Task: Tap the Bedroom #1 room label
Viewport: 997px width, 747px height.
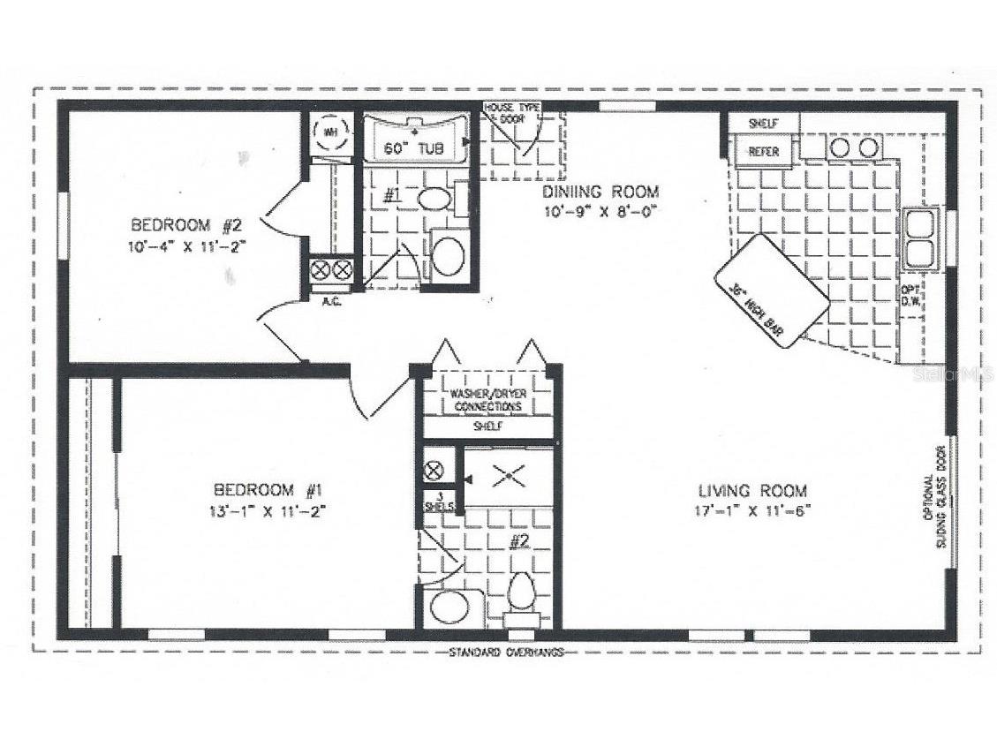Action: [x=266, y=489]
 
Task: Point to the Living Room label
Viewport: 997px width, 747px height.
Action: [x=753, y=491]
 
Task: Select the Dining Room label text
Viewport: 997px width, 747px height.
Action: [x=601, y=191]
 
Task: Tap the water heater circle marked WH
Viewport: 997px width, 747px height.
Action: [x=331, y=132]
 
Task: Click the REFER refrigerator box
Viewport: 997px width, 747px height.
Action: [x=764, y=151]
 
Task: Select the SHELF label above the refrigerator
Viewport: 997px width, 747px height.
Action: [x=763, y=124]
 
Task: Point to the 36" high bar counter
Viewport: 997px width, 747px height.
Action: [x=771, y=290]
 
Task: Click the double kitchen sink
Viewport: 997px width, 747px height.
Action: [x=920, y=238]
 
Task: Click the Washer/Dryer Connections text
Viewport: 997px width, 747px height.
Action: [x=487, y=400]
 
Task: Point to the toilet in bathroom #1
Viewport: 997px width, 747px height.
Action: [x=434, y=197]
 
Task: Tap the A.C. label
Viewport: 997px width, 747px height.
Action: [x=332, y=300]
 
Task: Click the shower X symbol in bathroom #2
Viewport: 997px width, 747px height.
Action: [x=509, y=478]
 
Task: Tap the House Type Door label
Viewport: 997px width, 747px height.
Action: [x=512, y=112]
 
